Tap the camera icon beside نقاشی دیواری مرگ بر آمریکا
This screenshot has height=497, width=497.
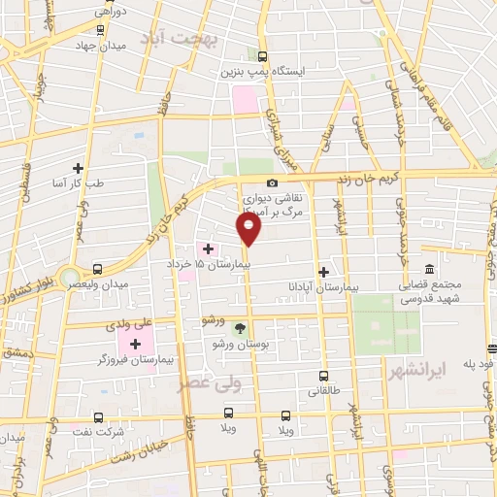272,183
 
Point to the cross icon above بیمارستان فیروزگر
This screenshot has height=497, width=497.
135,344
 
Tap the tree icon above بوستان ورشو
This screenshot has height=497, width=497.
240,329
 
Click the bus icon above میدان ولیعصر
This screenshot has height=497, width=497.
97,269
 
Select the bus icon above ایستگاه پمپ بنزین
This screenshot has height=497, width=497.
264,57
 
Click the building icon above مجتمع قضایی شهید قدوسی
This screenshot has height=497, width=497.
429,271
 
